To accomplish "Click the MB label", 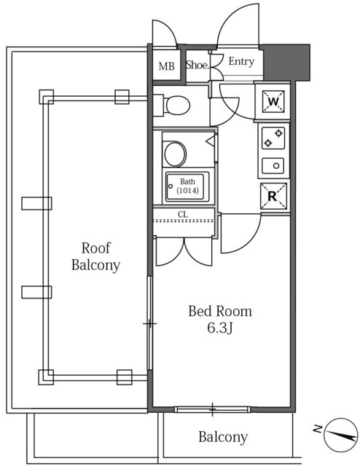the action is (x=166, y=66).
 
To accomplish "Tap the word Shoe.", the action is (x=197, y=65).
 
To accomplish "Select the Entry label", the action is (x=241, y=61).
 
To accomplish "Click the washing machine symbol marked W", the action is (x=273, y=102).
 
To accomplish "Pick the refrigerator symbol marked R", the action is (x=273, y=196).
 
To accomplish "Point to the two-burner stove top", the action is (x=273, y=138).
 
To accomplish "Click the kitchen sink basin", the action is (x=273, y=165).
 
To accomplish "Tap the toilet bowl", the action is (x=178, y=105).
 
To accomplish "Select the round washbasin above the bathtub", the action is (x=175, y=154).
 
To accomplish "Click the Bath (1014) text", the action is (x=187, y=186).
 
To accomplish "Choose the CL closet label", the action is (x=183, y=214).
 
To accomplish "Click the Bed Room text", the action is (x=220, y=311).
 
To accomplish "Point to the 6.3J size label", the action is (x=219, y=328).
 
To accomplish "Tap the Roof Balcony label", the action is (x=95, y=256).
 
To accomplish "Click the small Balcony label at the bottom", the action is (x=223, y=437).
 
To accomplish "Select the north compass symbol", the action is (x=340, y=435).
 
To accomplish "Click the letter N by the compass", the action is (x=318, y=429).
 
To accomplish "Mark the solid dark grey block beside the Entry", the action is (x=286, y=63).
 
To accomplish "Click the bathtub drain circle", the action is (x=171, y=186).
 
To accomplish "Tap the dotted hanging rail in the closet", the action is (x=184, y=221).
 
